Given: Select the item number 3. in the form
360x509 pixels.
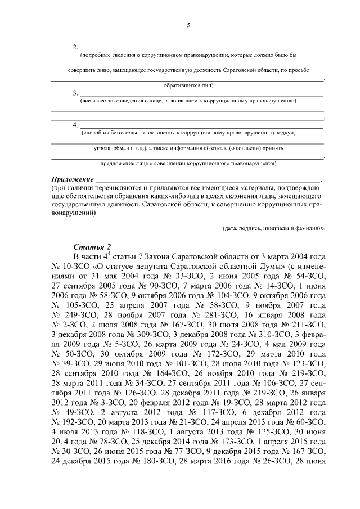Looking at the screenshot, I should tap(75, 93).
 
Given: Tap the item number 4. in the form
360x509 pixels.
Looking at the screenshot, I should tap(75, 124).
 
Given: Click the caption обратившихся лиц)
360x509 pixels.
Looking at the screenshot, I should tap(188, 85).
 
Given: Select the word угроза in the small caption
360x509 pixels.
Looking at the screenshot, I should tap(105, 148).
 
